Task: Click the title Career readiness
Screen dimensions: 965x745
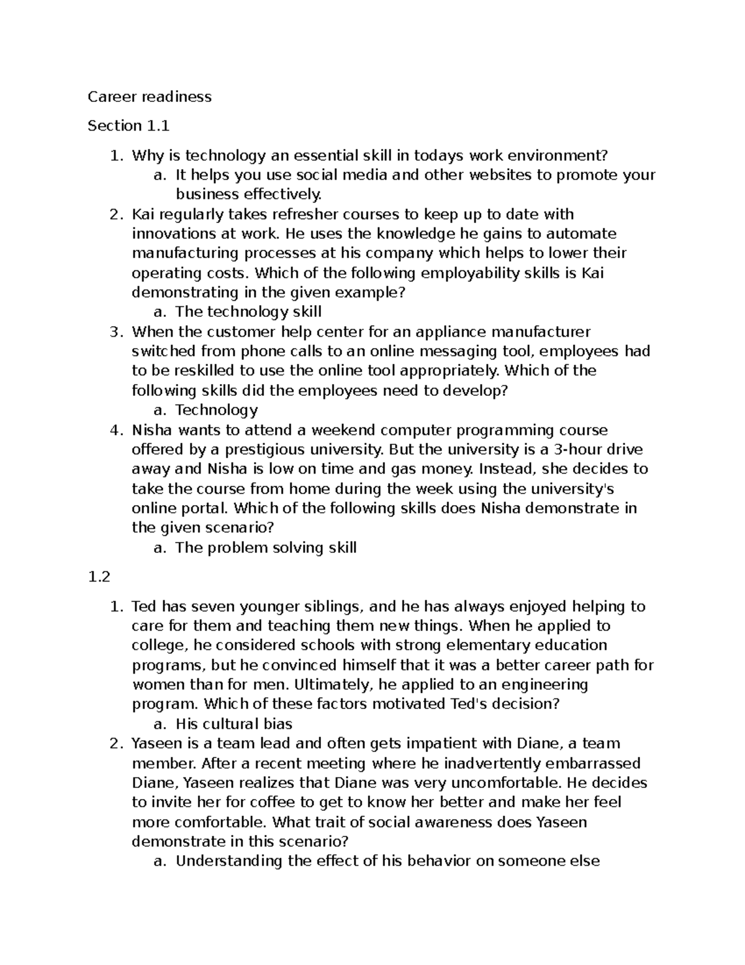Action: (149, 97)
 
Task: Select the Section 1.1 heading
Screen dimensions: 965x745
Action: (128, 126)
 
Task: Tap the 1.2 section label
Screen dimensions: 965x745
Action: (99, 577)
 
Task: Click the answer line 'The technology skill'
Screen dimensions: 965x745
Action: (248, 312)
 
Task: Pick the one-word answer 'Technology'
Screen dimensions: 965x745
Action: (216, 410)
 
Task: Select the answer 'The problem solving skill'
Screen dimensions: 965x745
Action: (266, 548)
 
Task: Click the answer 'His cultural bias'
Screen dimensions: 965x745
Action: (233, 724)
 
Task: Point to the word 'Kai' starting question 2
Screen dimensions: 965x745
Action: (143, 214)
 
